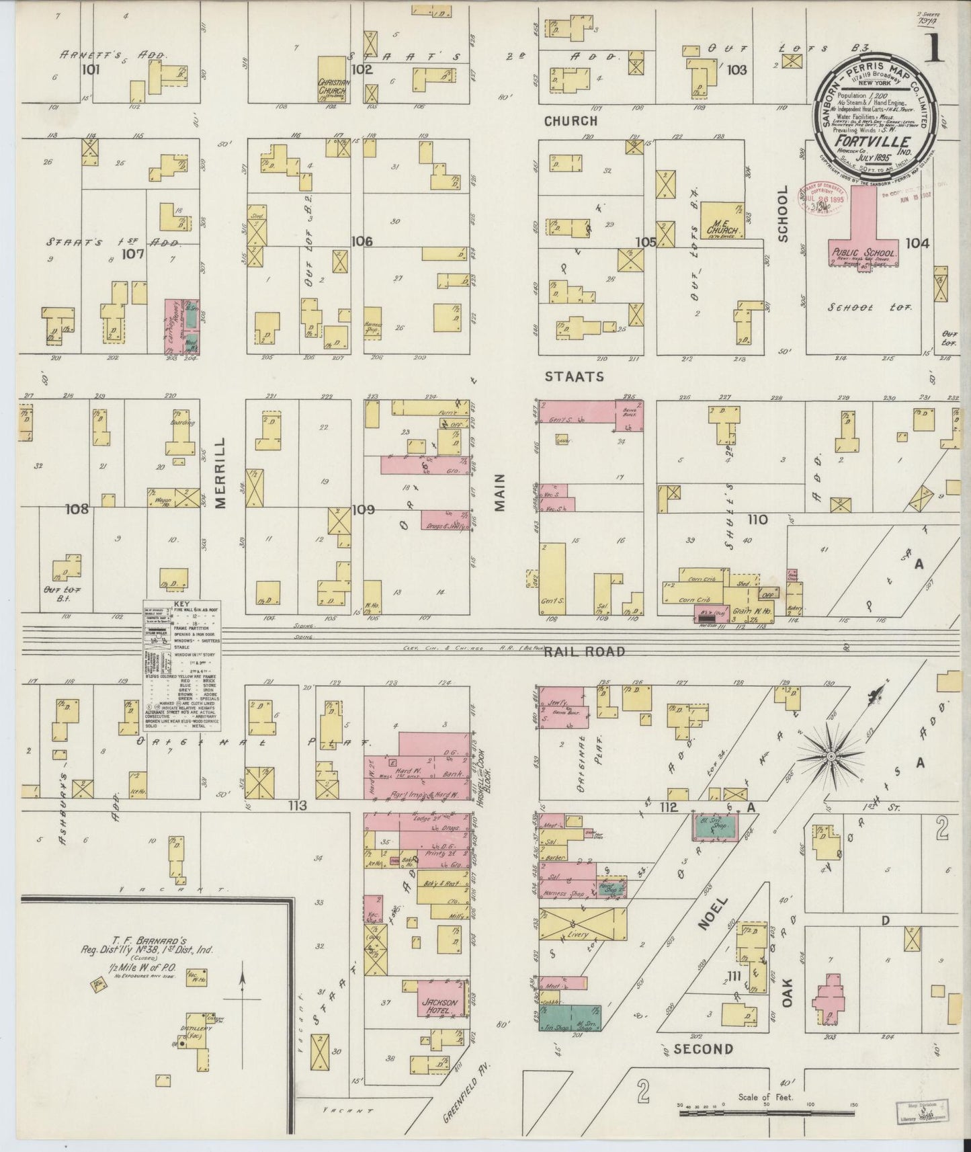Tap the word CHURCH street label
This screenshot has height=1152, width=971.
[571, 121]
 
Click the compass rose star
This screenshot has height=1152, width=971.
[831, 757]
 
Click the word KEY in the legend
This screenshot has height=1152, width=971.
[182, 604]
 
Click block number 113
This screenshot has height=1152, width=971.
[298, 805]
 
